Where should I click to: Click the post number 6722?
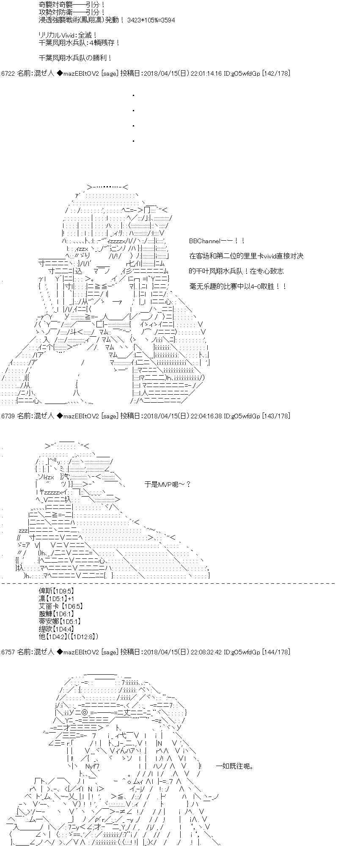point(8,74)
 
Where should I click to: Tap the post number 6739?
point(8,416)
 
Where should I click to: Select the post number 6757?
point(8,652)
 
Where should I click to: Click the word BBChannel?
point(205,241)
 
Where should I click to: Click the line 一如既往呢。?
point(235,766)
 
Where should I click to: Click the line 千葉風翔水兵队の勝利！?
point(75,58)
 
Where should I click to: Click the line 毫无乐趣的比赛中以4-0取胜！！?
point(238,287)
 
